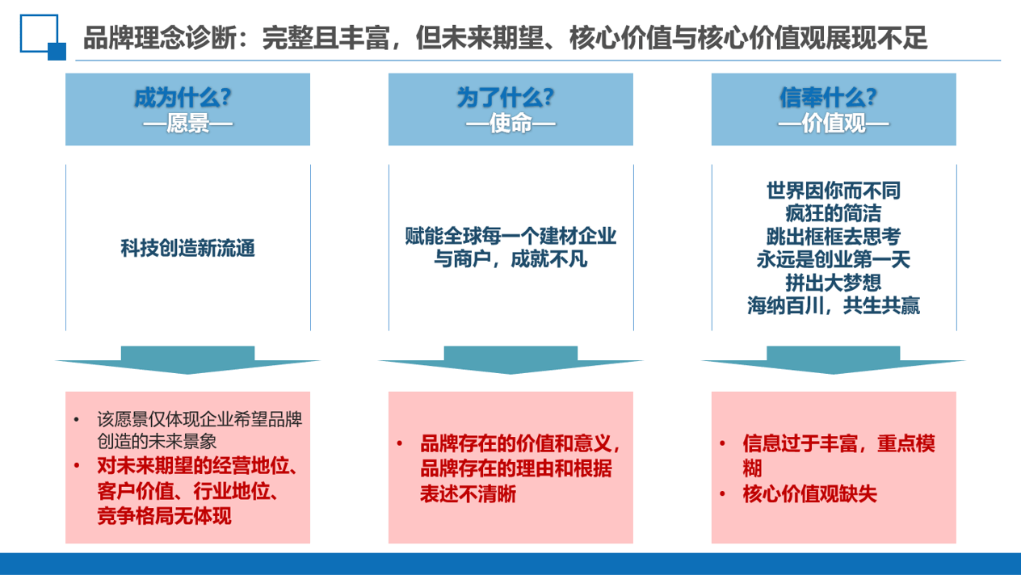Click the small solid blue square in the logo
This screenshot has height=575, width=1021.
(57, 52)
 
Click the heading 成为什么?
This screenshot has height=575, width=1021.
(183, 98)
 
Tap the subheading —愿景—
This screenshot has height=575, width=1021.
(187, 123)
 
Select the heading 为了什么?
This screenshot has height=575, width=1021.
(506, 98)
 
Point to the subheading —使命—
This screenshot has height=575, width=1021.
(510, 123)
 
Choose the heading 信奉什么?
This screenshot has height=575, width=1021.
(828, 98)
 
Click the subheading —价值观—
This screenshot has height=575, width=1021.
(834, 123)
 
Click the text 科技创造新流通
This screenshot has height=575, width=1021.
(187, 248)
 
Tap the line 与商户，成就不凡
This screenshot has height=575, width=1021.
(510, 260)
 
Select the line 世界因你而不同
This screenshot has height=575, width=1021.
(834, 191)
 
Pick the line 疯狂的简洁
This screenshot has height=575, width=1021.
(834, 213)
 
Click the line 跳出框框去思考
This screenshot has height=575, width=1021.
(834, 237)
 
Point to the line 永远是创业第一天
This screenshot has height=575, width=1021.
(834, 260)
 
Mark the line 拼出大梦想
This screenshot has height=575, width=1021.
(834, 283)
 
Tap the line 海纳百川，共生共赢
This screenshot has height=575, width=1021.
(834, 306)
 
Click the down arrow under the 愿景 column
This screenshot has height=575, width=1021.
(187, 360)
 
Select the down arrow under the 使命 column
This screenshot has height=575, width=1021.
(510, 360)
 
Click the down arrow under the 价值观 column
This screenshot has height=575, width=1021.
(834, 360)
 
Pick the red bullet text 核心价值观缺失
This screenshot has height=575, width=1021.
(809, 494)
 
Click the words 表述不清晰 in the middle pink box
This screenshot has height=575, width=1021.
(468, 494)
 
